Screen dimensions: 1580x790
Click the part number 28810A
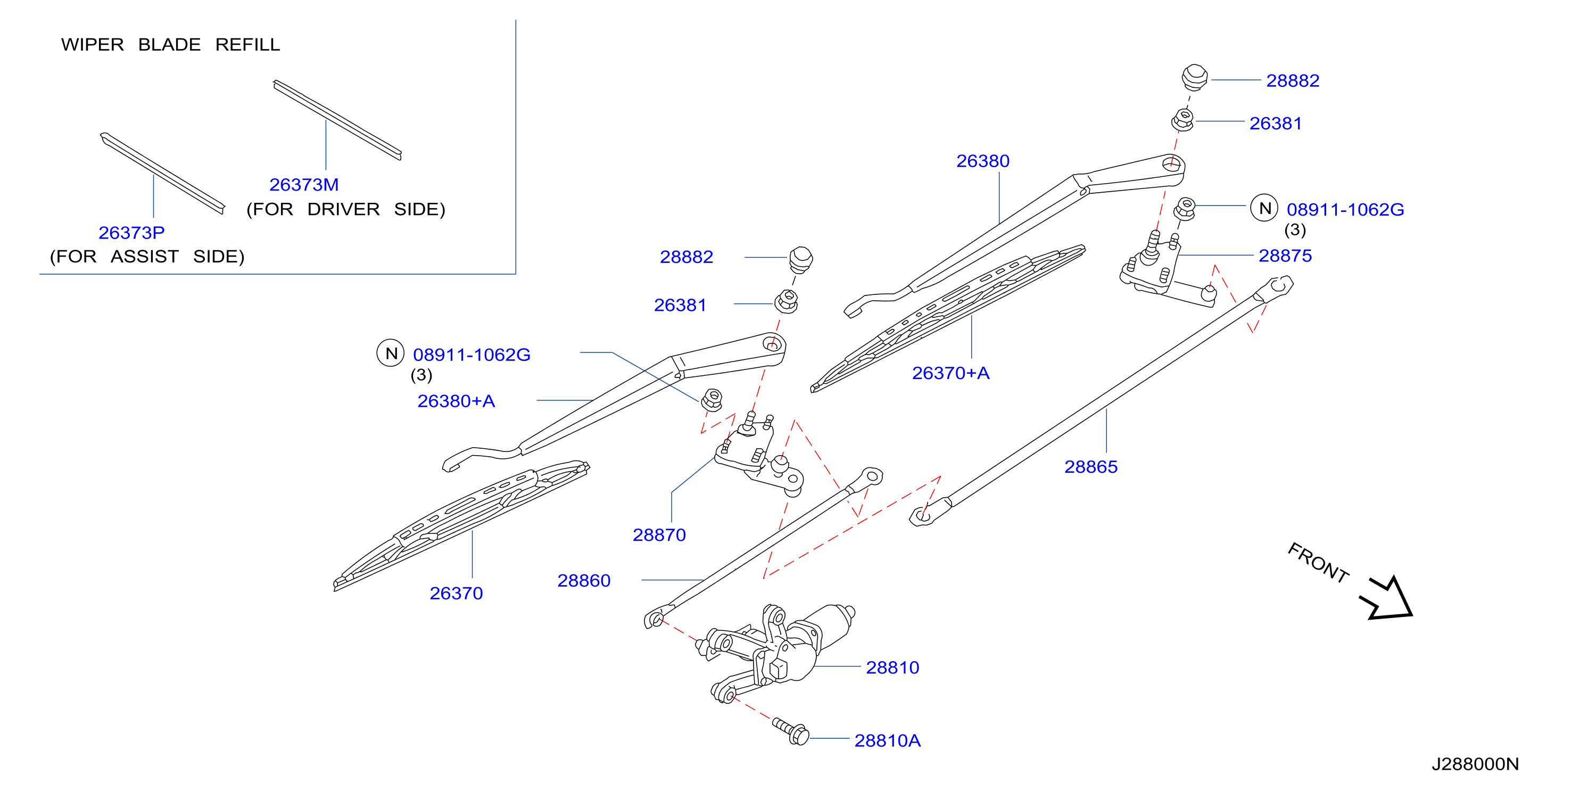coord(887,741)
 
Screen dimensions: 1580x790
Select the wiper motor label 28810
coord(892,668)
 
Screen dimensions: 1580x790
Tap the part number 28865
coord(1090,467)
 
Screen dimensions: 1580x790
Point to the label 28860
coord(583,580)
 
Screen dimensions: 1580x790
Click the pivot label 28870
coord(659,535)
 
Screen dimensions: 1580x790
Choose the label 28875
coord(1285,255)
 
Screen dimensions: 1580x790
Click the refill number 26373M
coord(304,185)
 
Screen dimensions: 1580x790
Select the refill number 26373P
coord(131,233)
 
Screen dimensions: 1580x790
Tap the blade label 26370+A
coord(950,373)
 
